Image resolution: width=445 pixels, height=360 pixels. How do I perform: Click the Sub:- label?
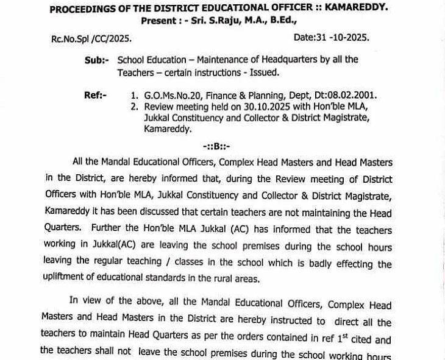pos(97,60)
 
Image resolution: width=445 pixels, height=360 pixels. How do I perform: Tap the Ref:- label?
pos(95,96)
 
